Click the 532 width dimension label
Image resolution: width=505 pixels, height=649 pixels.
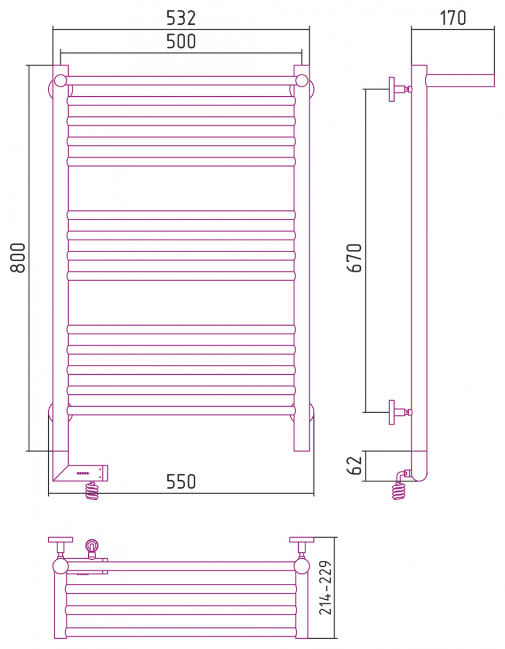181,18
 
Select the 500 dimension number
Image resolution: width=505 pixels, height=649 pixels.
181,41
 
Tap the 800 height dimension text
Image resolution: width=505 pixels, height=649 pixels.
18,258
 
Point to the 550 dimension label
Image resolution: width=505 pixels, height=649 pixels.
181,481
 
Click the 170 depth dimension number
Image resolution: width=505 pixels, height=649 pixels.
452,18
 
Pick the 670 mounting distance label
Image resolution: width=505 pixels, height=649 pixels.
355,258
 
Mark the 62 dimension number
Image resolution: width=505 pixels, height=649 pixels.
355,466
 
